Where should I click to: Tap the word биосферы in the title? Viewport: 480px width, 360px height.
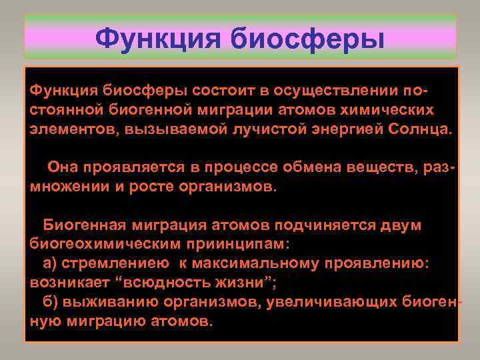[309, 38]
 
